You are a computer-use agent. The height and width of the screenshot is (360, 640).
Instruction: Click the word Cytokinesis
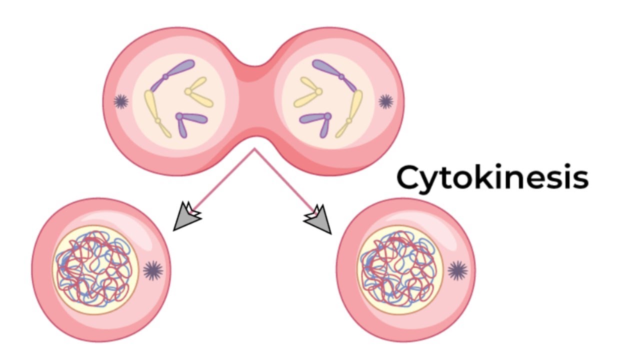point(492,177)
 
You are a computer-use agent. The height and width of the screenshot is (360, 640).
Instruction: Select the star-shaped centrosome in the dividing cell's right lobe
point(385,101)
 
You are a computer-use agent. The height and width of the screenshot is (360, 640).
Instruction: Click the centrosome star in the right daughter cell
point(457,270)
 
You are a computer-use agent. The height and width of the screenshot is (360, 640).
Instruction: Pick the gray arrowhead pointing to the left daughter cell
point(185,218)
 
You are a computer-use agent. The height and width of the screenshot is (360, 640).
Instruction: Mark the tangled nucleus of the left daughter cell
point(95,270)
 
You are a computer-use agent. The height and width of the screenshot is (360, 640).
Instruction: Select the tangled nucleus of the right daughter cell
point(399,270)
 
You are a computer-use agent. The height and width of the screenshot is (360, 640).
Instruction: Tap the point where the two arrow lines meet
point(254,148)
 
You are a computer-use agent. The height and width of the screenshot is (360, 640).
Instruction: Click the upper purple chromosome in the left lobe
point(178,70)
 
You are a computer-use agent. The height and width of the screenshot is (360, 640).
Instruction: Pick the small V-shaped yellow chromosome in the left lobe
point(198,92)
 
